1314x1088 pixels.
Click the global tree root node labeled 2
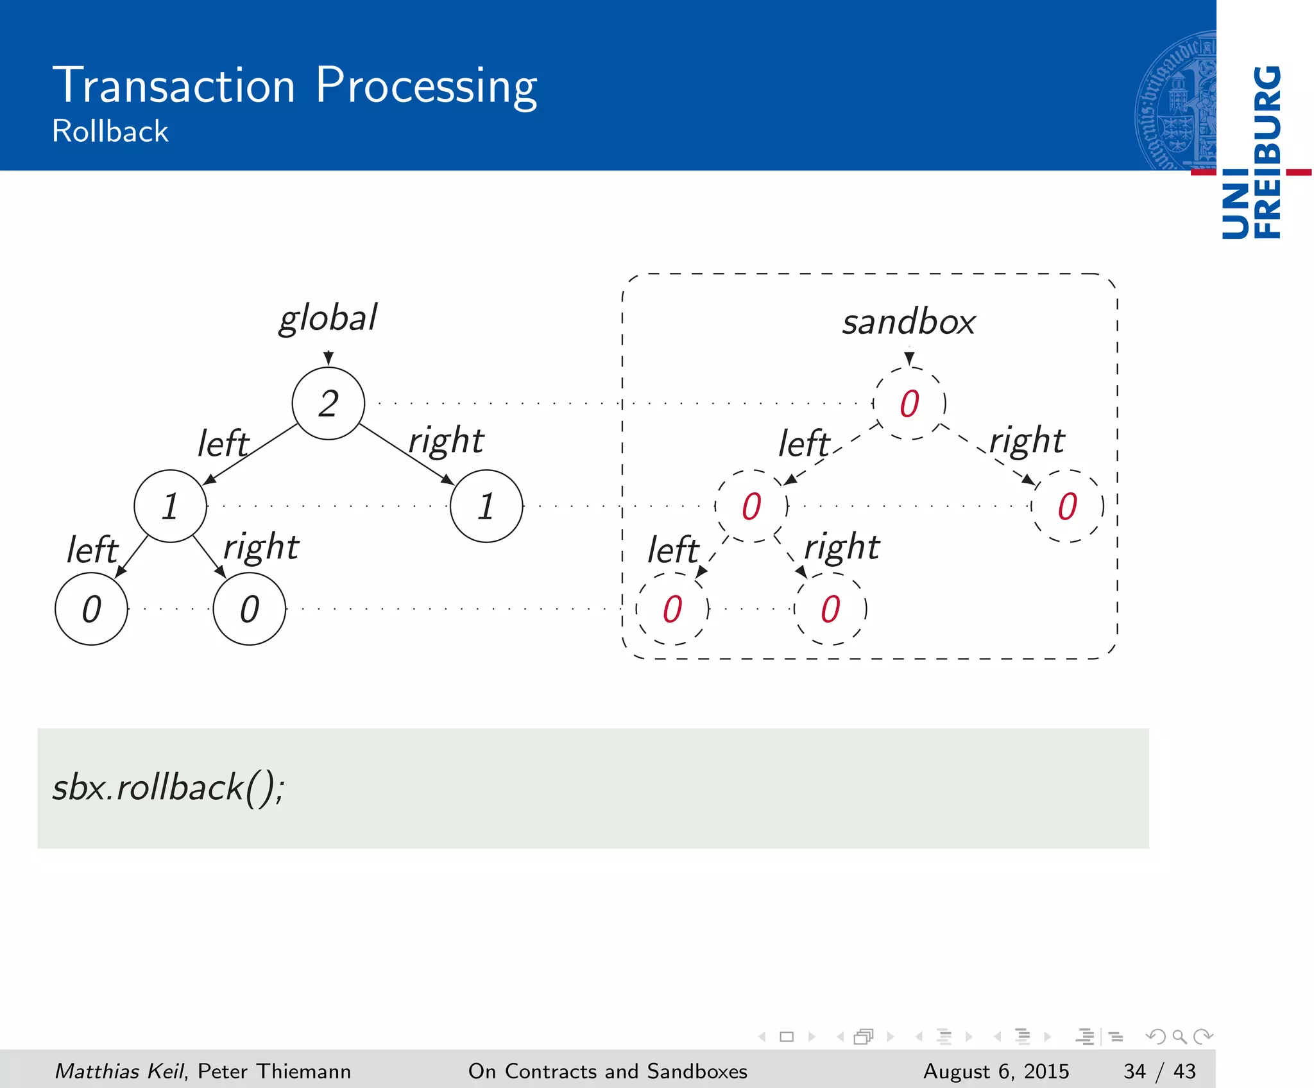point(328,404)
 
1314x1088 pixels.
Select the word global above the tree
point(328,318)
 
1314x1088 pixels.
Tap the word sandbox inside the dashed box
point(909,322)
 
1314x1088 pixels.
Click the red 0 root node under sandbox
point(909,404)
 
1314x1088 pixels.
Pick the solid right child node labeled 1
point(486,506)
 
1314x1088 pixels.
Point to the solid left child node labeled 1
point(170,506)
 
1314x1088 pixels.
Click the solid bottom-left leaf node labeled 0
point(92,609)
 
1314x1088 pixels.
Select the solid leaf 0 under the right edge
point(250,609)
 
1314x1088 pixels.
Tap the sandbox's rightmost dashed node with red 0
point(1067,506)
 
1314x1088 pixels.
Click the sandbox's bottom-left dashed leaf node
point(672,609)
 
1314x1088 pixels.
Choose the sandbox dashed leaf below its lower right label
point(830,609)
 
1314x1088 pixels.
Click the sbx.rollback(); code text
point(168,788)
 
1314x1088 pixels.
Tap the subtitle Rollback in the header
point(110,132)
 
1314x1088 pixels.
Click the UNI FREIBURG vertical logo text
point(1251,152)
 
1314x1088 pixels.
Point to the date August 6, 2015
point(996,1071)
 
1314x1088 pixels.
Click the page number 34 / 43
point(1159,1071)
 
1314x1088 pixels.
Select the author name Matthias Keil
point(119,1071)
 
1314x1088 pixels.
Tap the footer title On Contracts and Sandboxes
point(608,1071)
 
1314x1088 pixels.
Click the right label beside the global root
point(447,441)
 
